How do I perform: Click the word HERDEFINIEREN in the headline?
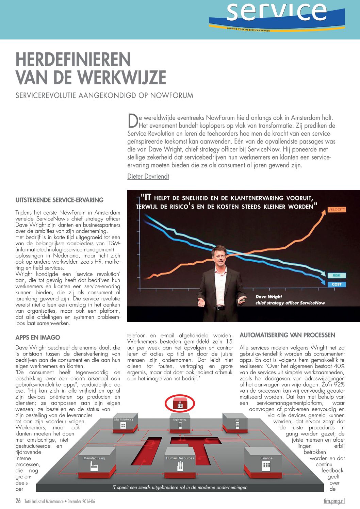[73, 60]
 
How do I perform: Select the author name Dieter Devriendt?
[148, 176]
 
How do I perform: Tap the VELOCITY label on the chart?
[337, 210]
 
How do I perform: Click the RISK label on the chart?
[337, 276]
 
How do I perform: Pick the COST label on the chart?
[337, 284]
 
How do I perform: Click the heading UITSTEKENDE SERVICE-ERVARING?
[60, 200]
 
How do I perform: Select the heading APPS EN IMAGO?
[38, 338]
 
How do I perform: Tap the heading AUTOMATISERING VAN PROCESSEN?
[287, 335]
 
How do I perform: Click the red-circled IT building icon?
[180, 404]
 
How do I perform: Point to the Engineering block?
[180, 424]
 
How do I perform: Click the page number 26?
[18, 501]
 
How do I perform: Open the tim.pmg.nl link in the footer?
[334, 501]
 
